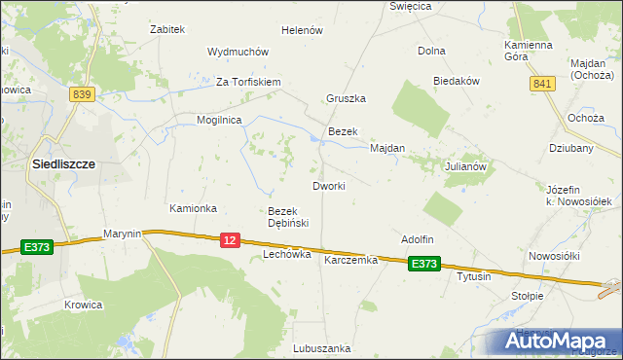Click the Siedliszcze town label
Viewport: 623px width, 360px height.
pyautogui.click(x=63, y=164)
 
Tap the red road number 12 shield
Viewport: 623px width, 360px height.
pyautogui.click(x=230, y=239)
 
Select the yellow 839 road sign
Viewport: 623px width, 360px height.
pyautogui.click(x=82, y=93)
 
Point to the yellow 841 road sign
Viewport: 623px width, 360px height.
pyautogui.click(x=543, y=85)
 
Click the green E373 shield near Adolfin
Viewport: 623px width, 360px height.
pyautogui.click(x=424, y=263)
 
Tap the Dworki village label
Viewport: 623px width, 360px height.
pyautogui.click(x=329, y=185)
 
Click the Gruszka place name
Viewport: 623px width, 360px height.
pyautogui.click(x=346, y=98)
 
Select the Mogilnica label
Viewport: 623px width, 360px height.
pyautogui.click(x=219, y=120)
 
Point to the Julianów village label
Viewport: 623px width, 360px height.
pyautogui.click(x=465, y=166)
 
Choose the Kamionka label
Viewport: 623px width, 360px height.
pyautogui.click(x=193, y=208)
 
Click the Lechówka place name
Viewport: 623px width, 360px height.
pyautogui.click(x=287, y=254)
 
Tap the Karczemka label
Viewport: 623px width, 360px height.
pyautogui.click(x=350, y=260)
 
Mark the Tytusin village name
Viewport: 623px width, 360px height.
pyautogui.click(x=474, y=276)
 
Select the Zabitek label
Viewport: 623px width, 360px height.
pyautogui.click(x=167, y=29)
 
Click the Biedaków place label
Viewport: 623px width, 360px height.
pyautogui.click(x=458, y=82)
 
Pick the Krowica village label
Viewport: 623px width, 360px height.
pyautogui.click(x=84, y=305)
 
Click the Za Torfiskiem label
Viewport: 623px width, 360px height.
pyautogui.click(x=248, y=82)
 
